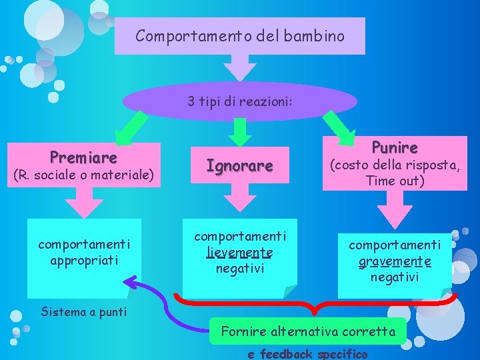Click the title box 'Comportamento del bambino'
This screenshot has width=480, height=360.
coord(240,36)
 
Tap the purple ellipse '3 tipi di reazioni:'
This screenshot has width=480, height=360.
coord(240,101)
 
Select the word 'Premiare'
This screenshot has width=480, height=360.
coord(83,157)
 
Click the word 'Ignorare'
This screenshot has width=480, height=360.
coord(239,165)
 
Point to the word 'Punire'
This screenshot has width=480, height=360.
coord(395,147)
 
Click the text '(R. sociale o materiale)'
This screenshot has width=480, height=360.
coord(84,175)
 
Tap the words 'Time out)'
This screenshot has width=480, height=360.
coord(395,181)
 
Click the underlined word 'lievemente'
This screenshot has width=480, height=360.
coord(239,252)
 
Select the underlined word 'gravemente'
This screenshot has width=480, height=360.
coord(395,261)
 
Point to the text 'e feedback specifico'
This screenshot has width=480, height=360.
coord(308,353)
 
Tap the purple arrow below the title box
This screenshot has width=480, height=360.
coord(239,67)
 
